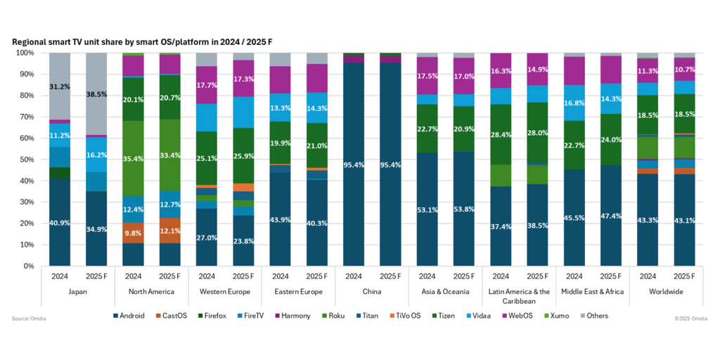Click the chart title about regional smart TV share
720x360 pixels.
141,42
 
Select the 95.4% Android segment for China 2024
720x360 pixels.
354,165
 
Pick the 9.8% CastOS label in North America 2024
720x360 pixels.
133,233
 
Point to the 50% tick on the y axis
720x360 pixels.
25,160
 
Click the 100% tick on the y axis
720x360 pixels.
24,53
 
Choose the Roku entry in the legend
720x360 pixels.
333,316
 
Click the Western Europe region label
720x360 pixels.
225,291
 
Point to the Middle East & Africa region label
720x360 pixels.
593,291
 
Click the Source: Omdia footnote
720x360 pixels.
30,319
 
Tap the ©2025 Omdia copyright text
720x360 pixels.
690,319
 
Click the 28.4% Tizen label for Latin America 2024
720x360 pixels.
501,134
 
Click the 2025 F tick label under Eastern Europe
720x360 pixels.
317,276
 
